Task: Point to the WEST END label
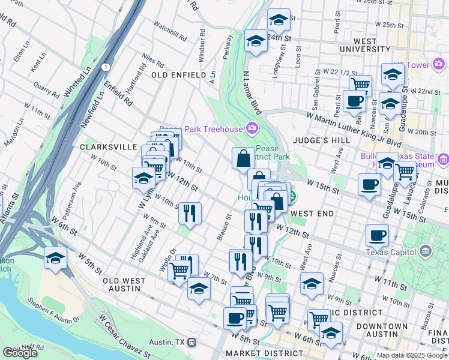click(312, 214)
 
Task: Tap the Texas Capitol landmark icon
click(426, 250)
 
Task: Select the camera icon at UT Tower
click(439, 64)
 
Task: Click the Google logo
click(20, 353)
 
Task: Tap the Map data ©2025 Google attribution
click(412, 355)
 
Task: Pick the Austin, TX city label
click(168, 342)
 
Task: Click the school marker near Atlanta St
click(55, 259)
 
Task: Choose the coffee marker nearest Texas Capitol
click(377, 236)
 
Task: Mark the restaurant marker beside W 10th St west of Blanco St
click(190, 212)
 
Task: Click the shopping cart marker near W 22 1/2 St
click(360, 84)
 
